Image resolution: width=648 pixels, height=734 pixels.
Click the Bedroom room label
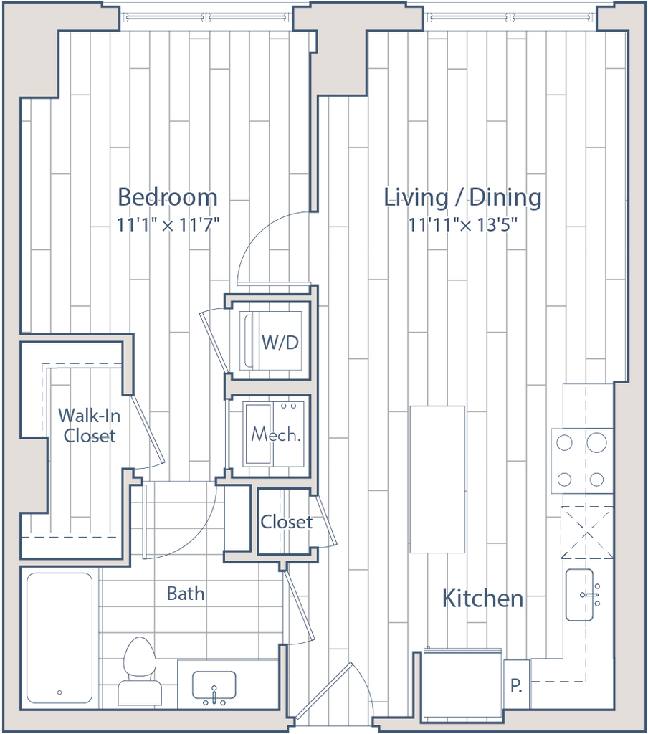[x=168, y=196]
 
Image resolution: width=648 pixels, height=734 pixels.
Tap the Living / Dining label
[x=462, y=197]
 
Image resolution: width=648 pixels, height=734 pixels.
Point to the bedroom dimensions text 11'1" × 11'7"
[x=168, y=225]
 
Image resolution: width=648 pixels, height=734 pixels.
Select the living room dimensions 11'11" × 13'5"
[x=462, y=225]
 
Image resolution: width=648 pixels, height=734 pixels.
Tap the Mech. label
[x=275, y=435]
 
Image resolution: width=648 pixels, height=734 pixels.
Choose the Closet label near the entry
[x=286, y=522]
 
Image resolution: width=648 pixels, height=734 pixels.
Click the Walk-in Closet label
[x=86, y=426]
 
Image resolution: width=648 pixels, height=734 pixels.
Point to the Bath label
[x=186, y=594]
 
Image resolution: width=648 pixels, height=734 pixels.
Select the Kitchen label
[x=482, y=599]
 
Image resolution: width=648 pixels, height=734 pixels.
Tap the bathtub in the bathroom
[x=59, y=637]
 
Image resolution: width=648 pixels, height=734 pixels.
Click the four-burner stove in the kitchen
[x=581, y=461]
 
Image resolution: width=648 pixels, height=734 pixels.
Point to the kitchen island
[x=437, y=479]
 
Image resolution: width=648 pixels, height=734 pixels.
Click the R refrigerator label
[x=517, y=684]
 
